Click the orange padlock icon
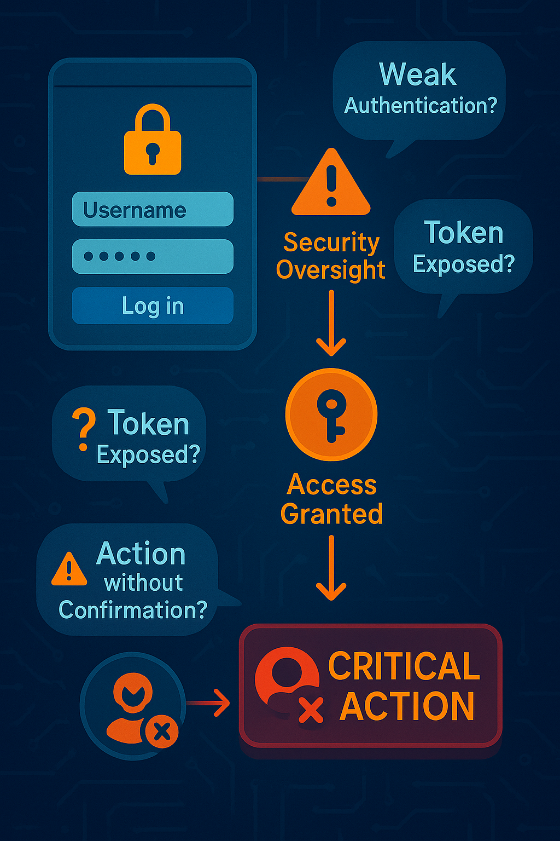[x=153, y=141]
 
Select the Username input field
[x=153, y=209]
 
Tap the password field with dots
[x=153, y=256]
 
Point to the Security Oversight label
[x=331, y=256]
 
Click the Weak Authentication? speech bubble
[x=419, y=90]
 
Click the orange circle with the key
[x=331, y=414]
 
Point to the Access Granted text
[x=331, y=499]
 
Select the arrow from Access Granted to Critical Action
[x=331, y=568]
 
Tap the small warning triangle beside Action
[x=69, y=571]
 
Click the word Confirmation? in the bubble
[x=133, y=610]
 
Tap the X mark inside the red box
[x=311, y=710]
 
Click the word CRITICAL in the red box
[x=404, y=666]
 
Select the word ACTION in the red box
[x=407, y=706]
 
